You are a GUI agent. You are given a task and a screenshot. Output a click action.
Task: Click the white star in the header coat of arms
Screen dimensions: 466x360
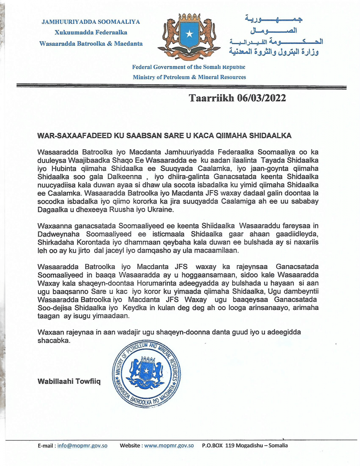[189, 34]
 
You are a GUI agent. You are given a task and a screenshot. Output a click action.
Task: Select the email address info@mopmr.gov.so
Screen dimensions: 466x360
[82, 445]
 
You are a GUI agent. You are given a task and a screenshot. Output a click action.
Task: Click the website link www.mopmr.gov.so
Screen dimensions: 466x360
[169, 445]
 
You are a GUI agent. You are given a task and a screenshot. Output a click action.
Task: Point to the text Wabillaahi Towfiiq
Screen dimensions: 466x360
[69, 382]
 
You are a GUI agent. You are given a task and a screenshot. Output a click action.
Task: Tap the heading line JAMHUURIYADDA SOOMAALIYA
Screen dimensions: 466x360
[91, 22]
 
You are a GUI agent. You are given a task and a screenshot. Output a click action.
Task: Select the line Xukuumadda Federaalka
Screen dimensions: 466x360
[91, 33]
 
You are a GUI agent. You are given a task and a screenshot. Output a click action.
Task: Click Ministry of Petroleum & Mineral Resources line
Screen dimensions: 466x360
[189, 77]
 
